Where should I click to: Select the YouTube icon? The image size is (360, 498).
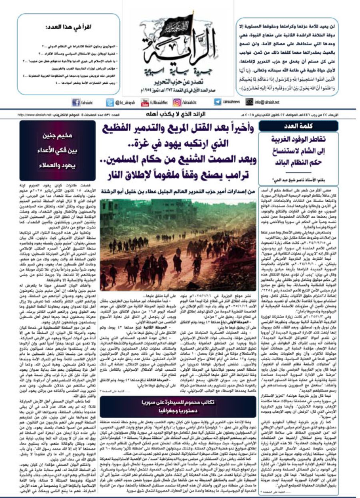pyautogui.click(x=145, y=102)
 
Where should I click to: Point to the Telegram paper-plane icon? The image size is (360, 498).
pyautogui.click(x=218, y=102)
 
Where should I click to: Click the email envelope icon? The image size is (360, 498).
pyautogui.click(x=250, y=102)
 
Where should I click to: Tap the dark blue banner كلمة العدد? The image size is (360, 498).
pyautogui.click(x=298, y=126)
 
